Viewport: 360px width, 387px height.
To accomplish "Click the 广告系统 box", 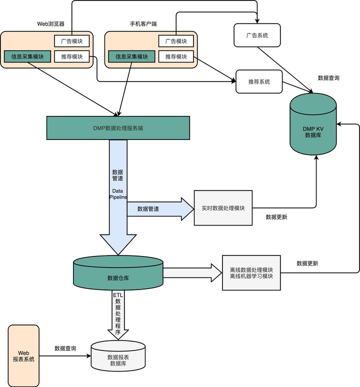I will click(257, 35).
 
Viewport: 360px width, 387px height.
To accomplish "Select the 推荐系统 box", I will click(258, 81).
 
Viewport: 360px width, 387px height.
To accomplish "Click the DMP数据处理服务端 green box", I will click(118, 128).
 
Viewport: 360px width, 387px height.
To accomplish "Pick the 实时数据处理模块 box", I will click(223, 208).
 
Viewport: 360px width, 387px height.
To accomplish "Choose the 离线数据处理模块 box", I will click(251, 272).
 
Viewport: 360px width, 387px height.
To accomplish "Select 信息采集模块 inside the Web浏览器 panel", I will click(27, 57).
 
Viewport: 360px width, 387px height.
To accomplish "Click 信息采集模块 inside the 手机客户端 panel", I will click(131, 57).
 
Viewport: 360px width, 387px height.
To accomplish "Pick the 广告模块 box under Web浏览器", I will click(71, 41).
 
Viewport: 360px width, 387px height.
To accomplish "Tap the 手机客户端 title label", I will click(143, 24).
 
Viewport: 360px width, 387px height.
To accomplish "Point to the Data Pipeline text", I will click(118, 194).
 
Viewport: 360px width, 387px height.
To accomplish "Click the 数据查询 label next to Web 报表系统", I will click(65, 348).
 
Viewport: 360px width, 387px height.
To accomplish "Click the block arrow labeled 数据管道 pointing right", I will click(160, 208).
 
